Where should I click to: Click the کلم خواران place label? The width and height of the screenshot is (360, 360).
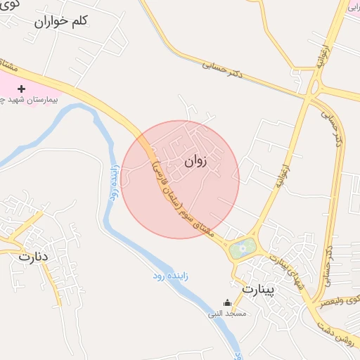(x=60, y=21)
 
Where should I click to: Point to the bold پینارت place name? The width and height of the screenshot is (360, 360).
(x=259, y=289)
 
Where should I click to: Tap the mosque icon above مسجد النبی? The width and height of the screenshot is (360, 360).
(x=227, y=302)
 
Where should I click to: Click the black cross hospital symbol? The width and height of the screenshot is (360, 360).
(x=21, y=89)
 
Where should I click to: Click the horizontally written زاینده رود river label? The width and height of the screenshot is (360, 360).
(x=169, y=278)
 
